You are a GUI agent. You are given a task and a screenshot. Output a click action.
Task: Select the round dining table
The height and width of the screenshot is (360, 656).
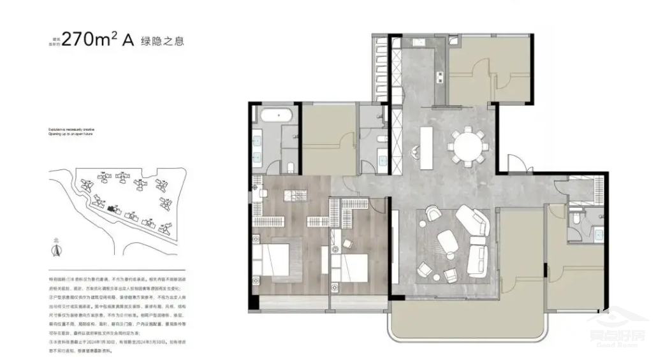(469, 145)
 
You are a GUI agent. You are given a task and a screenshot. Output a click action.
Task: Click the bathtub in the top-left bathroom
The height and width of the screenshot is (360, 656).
(275, 117)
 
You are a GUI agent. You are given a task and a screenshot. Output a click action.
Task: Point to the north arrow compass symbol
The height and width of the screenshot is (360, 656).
(56, 248)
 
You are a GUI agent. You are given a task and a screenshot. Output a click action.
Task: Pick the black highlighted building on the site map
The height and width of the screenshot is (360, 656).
(114, 208)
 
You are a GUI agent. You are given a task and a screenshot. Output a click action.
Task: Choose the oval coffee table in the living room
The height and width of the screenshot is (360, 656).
(447, 241)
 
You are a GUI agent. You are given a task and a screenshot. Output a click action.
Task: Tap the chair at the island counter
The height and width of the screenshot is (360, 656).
(415, 151)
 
